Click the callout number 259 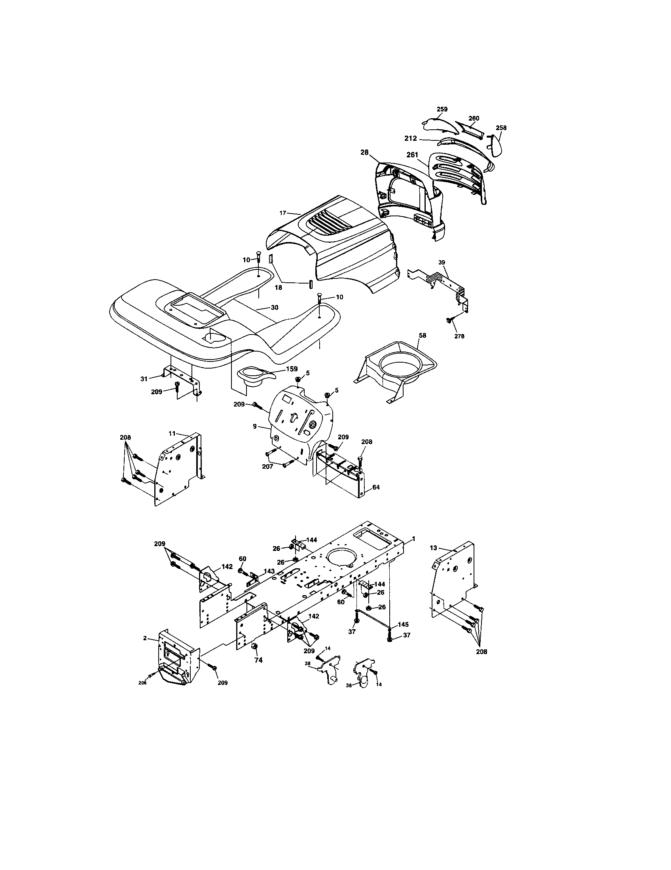click(442, 109)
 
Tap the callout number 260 click(474, 118)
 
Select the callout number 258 click(501, 128)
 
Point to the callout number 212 click(410, 139)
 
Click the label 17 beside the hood click(282, 213)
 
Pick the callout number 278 click(459, 336)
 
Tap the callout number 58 click(423, 335)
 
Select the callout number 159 click(292, 369)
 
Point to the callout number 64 click(375, 487)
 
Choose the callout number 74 click(259, 660)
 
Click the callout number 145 click(402, 624)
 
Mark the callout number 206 click(142, 683)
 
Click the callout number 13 click(434, 548)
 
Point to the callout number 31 click(144, 379)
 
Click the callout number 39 click(442, 262)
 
